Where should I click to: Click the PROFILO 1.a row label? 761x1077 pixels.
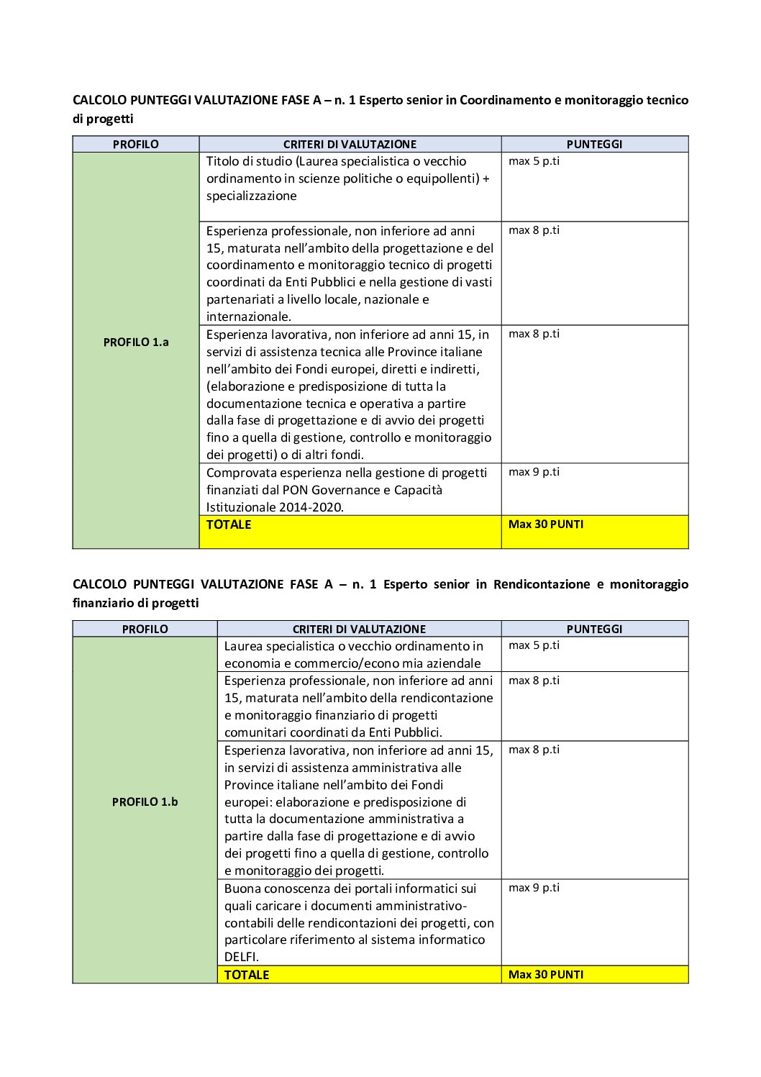tap(135, 342)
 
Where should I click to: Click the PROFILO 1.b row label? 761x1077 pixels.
tap(145, 802)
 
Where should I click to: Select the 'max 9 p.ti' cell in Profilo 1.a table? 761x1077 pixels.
tap(534, 472)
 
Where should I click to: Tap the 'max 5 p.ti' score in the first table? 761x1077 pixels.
tap(534, 161)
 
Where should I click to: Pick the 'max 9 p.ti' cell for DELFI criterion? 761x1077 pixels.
tap(534, 888)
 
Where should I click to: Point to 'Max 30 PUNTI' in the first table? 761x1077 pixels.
tap(546, 524)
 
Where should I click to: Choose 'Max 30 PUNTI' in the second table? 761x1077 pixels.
tap(546, 975)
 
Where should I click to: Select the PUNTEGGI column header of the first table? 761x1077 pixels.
tap(594, 145)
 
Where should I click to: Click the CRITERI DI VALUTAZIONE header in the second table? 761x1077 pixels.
tap(359, 630)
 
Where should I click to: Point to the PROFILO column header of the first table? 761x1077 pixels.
tap(135, 145)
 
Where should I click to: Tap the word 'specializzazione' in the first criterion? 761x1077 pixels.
tap(251, 196)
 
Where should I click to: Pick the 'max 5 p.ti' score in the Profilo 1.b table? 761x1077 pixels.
tap(534, 645)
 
